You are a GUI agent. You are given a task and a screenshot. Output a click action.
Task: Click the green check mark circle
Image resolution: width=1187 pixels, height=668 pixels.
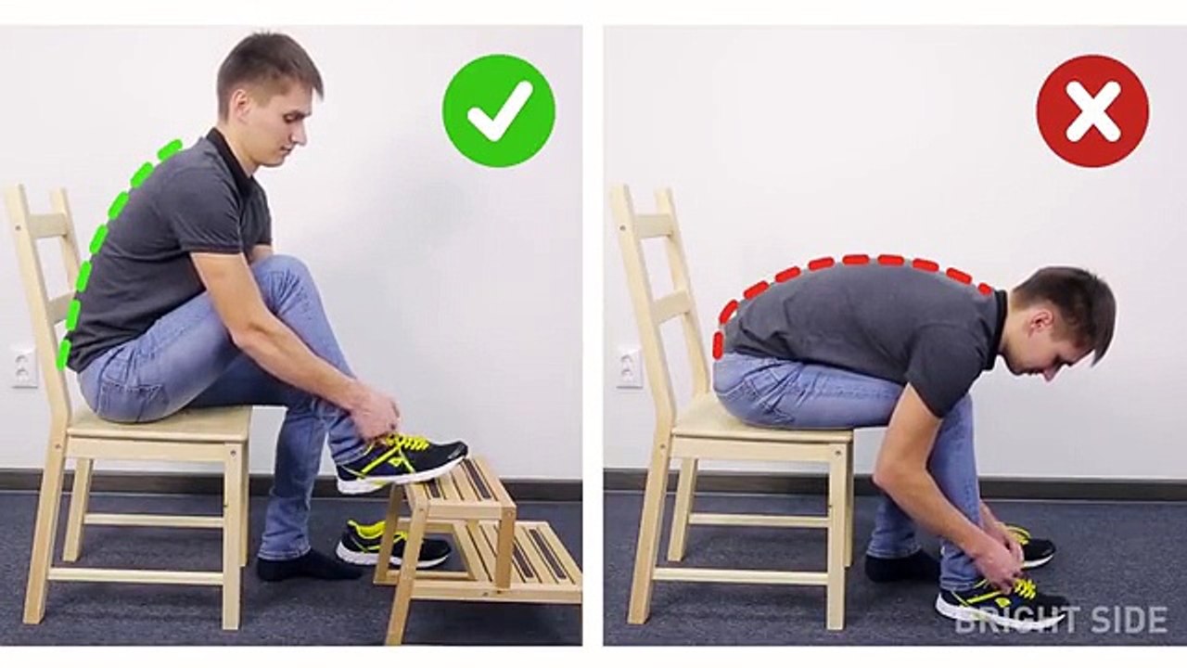coord(499,110)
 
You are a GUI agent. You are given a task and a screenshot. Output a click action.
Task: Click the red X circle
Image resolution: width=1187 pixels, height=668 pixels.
coord(1092,110)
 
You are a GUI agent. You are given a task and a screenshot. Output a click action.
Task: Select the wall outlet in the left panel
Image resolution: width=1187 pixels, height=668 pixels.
coord(24,366)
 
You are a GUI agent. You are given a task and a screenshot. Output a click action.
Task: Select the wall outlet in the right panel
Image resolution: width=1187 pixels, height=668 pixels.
coord(630,366)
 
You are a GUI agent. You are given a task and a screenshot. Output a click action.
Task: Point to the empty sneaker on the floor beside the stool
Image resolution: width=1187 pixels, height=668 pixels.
coord(393,544)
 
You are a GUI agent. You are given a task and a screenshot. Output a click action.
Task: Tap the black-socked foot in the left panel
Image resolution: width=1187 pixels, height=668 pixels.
coord(307,566)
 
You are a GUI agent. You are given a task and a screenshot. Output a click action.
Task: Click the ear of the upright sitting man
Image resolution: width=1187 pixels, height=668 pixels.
coord(239,103)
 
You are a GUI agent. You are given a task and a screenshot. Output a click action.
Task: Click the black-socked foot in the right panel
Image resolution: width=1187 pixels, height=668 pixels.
coord(900,565)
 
